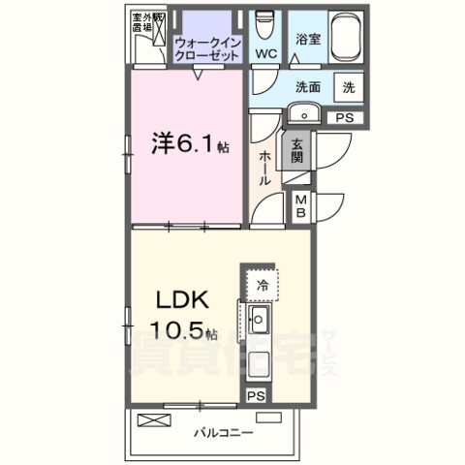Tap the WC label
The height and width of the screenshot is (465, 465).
[x=264, y=54]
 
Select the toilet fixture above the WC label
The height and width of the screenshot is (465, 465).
[x=264, y=23]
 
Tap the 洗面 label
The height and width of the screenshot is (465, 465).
[x=309, y=86]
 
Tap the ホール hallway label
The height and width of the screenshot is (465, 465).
[x=264, y=170]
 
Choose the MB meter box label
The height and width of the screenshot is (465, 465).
[x=301, y=206]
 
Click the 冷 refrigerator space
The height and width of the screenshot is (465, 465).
[x=262, y=285]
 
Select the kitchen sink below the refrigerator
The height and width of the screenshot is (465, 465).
[x=260, y=321]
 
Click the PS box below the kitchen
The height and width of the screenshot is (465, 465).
[x=255, y=395]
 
